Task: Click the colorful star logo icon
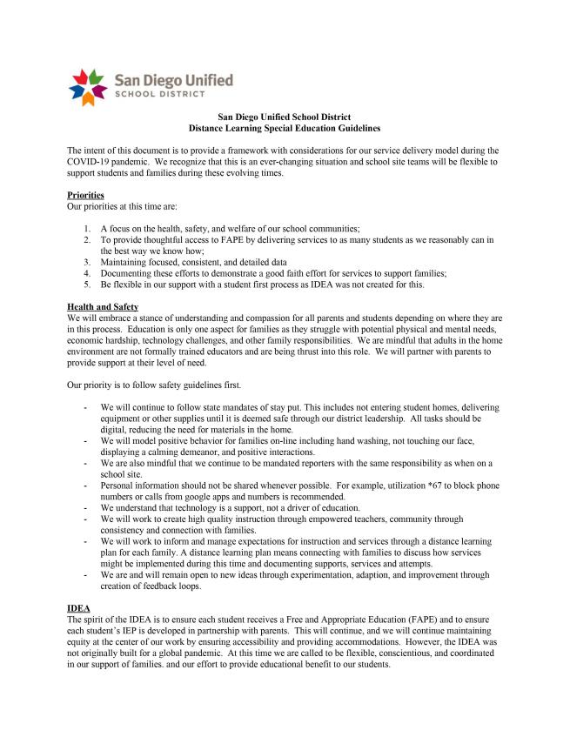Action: (x=87, y=86)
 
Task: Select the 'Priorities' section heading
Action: (x=85, y=195)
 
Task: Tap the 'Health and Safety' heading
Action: (x=103, y=306)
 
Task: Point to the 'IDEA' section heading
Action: (x=78, y=607)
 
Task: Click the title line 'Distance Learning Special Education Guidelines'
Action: (x=285, y=128)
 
